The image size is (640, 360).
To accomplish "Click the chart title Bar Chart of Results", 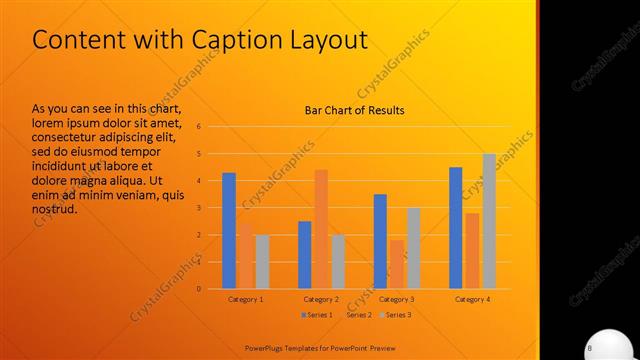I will coord(355,110).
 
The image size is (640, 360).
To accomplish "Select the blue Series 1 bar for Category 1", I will coord(229,231).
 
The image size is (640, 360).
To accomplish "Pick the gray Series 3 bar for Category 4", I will coord(489,221).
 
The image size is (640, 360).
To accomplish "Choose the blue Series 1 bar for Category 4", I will coord(456,228).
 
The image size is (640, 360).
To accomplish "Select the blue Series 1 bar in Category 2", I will coord(305,255).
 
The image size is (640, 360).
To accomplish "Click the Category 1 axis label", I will coord(246,299).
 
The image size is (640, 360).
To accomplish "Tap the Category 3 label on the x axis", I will coord(397,299).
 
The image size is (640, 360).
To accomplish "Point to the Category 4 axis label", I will coord(472,299).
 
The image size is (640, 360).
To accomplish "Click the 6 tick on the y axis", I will coord(200,127).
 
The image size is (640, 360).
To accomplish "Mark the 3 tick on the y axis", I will coord(200,208).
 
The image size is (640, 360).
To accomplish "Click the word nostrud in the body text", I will coord(54,211).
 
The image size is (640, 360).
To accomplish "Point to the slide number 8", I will coord(590,347).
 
